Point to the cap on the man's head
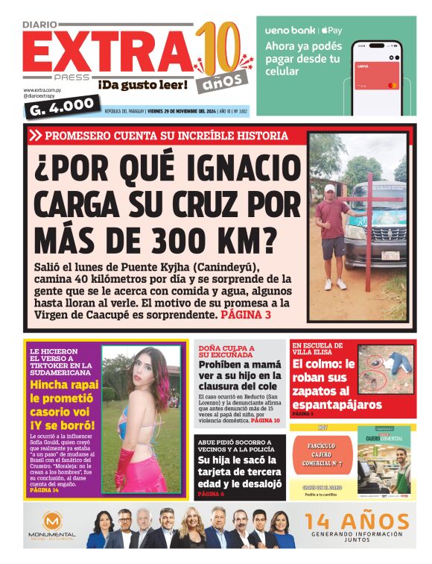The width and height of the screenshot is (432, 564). tap(330, 189)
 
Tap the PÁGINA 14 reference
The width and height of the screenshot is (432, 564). tap(45, 490)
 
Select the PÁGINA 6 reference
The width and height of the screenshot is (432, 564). tap(211, 494)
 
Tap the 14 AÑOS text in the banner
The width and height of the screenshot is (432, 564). tap(358, 521)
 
